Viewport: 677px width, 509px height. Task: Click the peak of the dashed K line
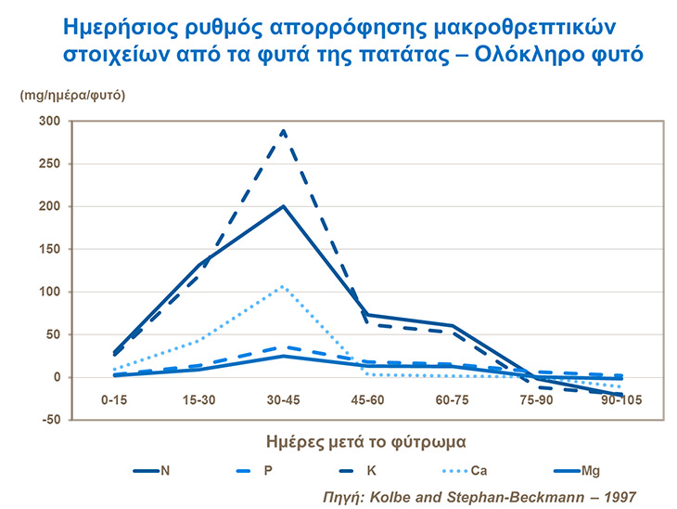tap(284, 131)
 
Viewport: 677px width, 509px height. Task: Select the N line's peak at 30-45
tap(284, 206)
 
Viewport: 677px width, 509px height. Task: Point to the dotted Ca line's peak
tap(284, 286)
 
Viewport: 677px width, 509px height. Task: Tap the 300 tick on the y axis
tap(48, 121)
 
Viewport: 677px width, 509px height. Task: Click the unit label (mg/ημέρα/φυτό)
tap(73, 95)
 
